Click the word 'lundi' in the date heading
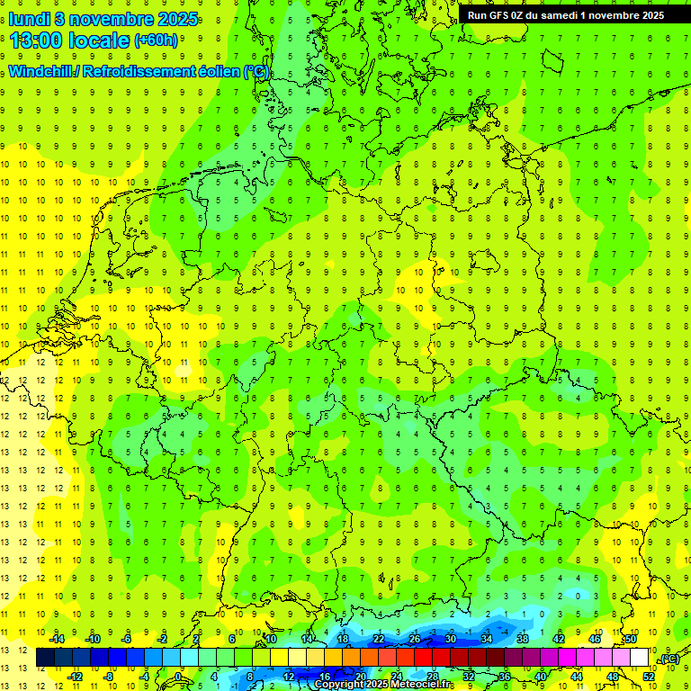[28, 17]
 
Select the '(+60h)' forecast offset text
[156, 40]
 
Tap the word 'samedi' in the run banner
[574, 15]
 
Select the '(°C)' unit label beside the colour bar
[669, 660]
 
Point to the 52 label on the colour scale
[649, 677]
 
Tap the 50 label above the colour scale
[631, 639]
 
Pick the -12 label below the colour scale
[75, 677]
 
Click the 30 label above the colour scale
[451, 639]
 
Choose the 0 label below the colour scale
[179, 677]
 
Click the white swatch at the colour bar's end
[640, 658]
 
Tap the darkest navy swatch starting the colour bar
[45, 658]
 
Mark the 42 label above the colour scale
[559, 639]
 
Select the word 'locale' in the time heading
[100, 40]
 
